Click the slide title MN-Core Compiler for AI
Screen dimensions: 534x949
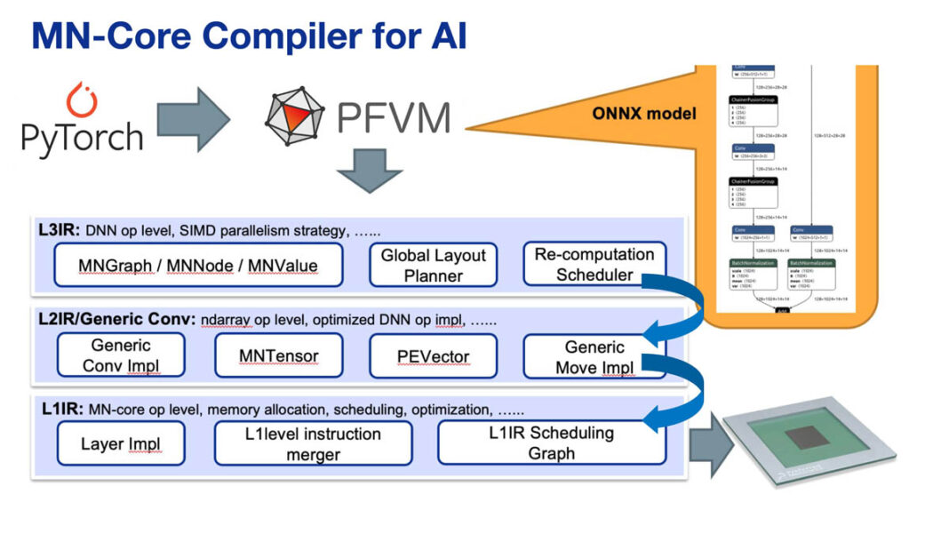pos(249,36)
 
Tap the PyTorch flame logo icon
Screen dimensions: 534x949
pos(82,100)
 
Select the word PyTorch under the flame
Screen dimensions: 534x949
pos(82,138)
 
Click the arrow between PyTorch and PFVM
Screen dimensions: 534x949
pos(193,119)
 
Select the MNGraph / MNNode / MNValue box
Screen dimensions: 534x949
pos(197,265)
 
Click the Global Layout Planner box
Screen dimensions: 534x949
pos(433,265)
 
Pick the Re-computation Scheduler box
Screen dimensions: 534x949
pos(594,264)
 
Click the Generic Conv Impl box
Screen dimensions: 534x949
pos(121,355)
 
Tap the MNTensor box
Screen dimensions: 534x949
pos(278,355)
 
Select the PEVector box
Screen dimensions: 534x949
pos(433,355)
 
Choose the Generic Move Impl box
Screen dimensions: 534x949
pos(594,355)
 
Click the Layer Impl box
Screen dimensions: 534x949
pos(121,443)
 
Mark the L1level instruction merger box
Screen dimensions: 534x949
pos(313,443)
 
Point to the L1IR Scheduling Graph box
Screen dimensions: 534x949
pos(551,442)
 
